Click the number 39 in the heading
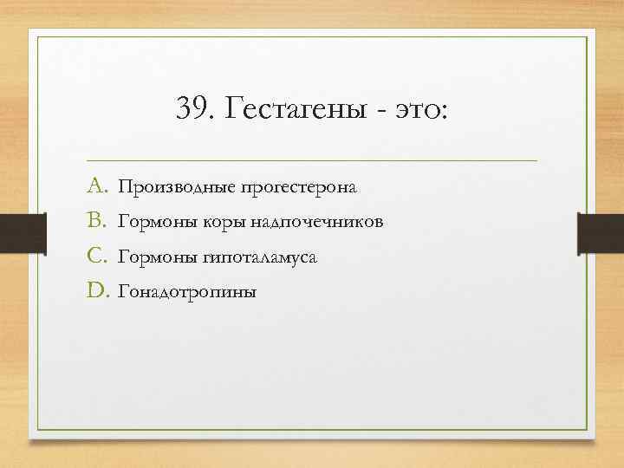click(190, 110)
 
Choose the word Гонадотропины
click(187, 292)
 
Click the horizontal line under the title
click(312, 160)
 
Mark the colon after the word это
click(445, 114)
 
